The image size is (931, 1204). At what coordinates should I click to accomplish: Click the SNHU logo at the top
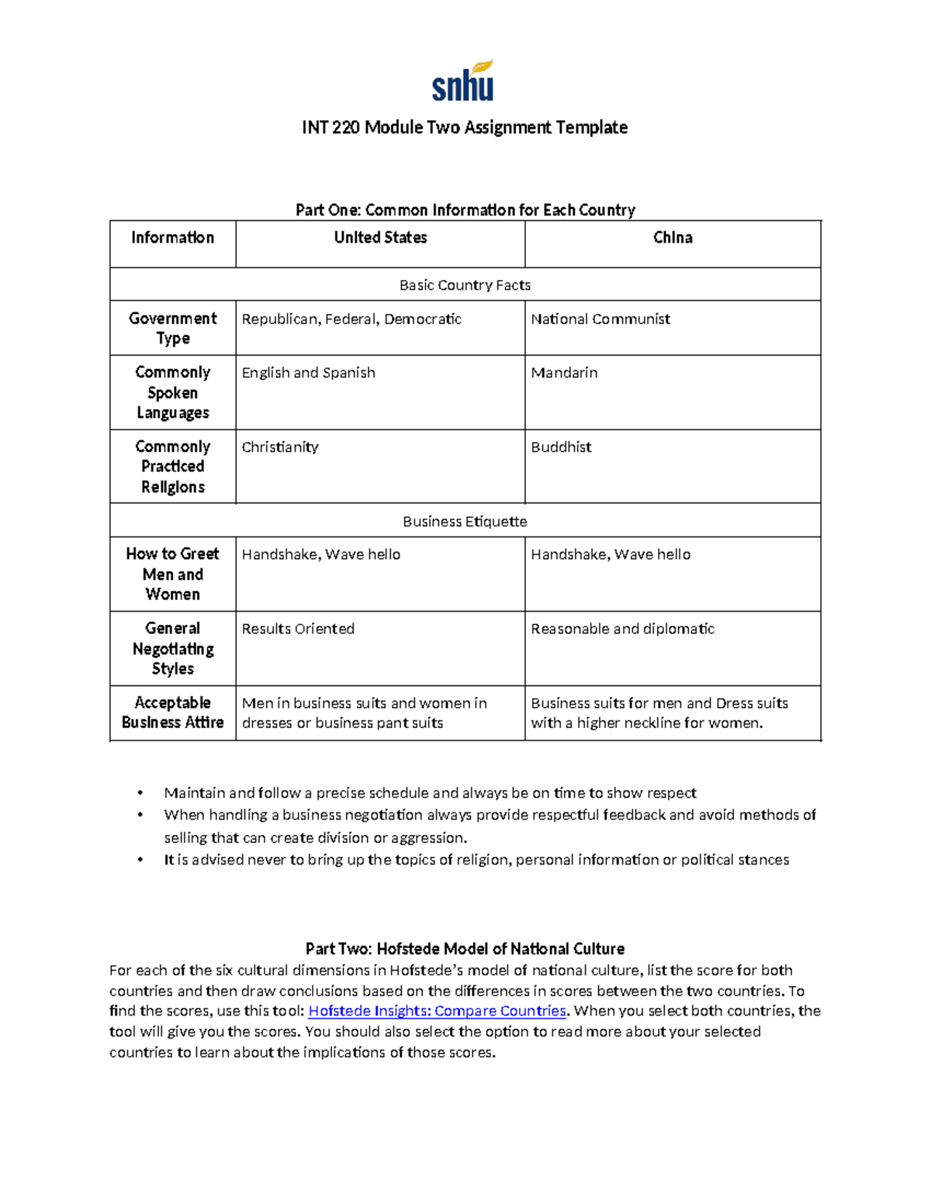(x=463, y=81)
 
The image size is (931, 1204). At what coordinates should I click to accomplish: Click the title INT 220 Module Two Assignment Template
(x=465, y=127)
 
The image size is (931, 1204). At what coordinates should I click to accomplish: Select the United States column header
(x=380, y=238)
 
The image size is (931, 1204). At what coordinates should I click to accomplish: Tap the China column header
(x=673, y=238)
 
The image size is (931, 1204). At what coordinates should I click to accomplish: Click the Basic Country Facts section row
(x=465, y=285)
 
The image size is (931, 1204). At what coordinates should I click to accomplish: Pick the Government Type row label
(x=173, y=328)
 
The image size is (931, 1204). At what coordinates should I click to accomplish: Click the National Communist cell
(x=600, y=319)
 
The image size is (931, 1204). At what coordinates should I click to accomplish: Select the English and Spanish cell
(x=309, y=373)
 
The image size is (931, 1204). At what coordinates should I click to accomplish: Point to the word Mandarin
(x=564, y=373)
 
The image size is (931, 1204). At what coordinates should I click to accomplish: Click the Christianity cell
(x=280, y=447)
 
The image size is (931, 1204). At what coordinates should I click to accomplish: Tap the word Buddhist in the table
(x=561, y=447)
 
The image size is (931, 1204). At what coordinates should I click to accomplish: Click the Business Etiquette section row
(x=465, y=522)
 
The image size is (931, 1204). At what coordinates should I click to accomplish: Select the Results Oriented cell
(x=298, y=629)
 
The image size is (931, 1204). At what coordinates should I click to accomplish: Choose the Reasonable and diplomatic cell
(x=622, y=629)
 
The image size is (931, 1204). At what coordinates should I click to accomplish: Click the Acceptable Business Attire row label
(x=173, y=712)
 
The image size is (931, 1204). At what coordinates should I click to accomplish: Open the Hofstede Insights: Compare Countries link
(x=438, y=1011)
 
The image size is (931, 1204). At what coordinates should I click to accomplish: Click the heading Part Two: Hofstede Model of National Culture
(x=465, y=949)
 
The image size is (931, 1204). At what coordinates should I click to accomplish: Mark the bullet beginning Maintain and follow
(x=430, y=793)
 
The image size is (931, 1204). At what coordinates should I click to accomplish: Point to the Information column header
(x=173, y=238)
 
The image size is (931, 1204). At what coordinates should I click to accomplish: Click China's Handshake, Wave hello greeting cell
(x=611, y=554)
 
